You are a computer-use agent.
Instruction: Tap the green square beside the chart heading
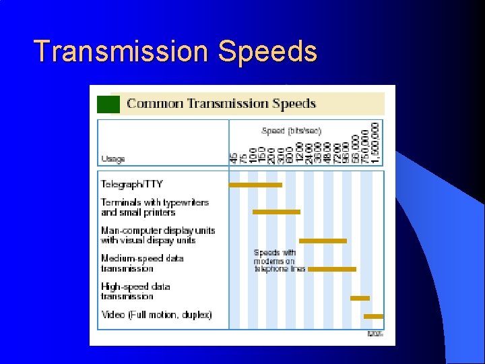(x=108, y=104)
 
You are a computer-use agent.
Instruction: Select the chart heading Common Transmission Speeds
(x=221, y=104)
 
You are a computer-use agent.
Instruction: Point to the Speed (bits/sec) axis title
(x=291, y=131)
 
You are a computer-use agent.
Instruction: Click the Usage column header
(x=112, y=159)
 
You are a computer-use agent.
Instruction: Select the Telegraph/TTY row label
(x=132, y=184)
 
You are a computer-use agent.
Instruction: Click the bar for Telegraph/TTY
(x=255, y=185)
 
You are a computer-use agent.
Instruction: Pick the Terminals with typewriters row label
(x=155, y=207)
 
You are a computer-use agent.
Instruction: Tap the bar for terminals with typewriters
(x=276, y=212)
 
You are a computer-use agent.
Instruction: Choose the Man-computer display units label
(x=158, y=235)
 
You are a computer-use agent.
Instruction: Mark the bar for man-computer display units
(x=323, y=241)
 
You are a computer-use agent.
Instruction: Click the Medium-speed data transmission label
(x=142, y=263)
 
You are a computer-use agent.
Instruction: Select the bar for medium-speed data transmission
(x=331, y=269)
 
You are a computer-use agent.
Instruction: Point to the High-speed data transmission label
(x=135, y=291)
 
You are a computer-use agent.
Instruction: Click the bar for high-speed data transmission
(x=360, y=298)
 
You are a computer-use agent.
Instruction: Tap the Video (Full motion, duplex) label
(x=156, y=315)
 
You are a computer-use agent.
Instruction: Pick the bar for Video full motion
(x=373, y=316)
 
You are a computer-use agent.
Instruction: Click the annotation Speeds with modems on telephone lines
(x=279, y=261)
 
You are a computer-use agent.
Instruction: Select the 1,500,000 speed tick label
(x=375, y=142)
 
